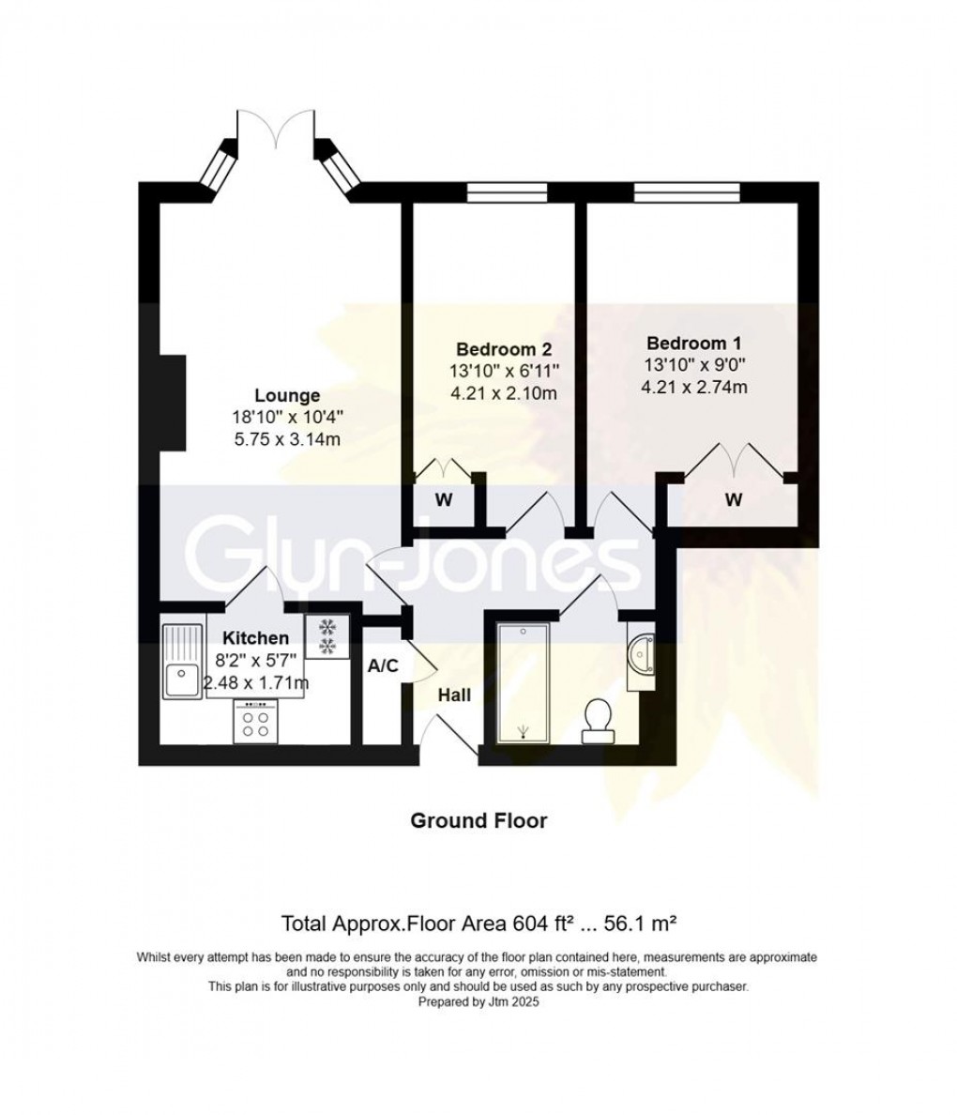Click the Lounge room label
pyautogui.click(x=287, y=395)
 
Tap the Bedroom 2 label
pyautogui.click(x=504, y=349)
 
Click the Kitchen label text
pyautogui.click(x=256, y=638)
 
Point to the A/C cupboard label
pyautogui.click(x=383, y=666)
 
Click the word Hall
pyautogui.click(x=453, y=695)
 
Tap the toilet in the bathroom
pyautogui.click(x=598, y=721)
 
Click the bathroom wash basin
pyautogui.click(x=642, y=655)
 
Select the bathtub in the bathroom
pyautogui.click(x=523, y=683)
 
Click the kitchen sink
pyautogui.click(x=183, y=661)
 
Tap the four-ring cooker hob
pyautogui.click(x=255, y=721)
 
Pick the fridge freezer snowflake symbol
pyautogui.click(x=327, y=635)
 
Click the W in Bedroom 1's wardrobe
pyautogui.click(x=733, y=500)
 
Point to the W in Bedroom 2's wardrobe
pyautogui.click(x=443, y=500)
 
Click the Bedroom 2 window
pyautogui.click(x=507, y=192)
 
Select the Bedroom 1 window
pyautogui.click(x=687, y=192)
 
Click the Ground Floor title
pyautogui.click(x=478, y=820)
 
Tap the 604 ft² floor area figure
pyautogui.click(x=543, y=924)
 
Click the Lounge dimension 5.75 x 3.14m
pyautogui.click(x=287, y=439)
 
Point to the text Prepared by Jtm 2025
pyautogui.click(x=478, y=1002)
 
